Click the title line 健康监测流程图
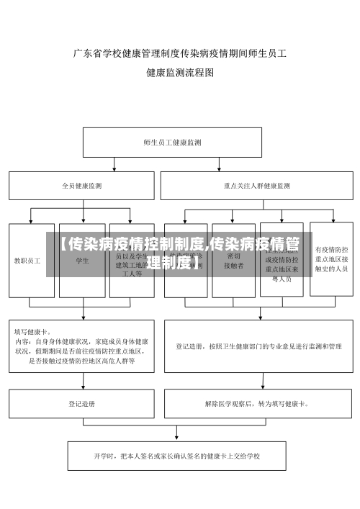[180, 73]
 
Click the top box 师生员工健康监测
[173, 143]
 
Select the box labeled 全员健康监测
[81, 186]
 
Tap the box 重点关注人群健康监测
[257, 186]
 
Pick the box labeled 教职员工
[31, 260]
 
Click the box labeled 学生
[82, 260]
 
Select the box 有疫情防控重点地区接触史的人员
[331, 258]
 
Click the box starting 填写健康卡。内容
[81, 346]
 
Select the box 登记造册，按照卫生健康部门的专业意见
[259, 346]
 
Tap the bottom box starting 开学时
[176, 456]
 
